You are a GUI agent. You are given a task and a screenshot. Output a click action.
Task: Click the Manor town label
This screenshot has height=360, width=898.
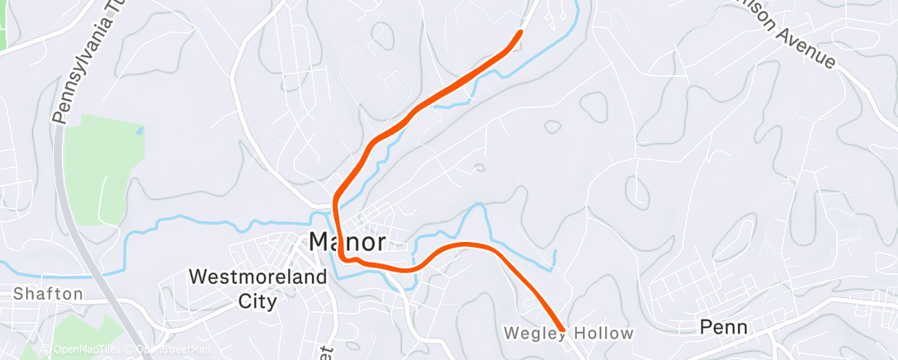click(347, 242)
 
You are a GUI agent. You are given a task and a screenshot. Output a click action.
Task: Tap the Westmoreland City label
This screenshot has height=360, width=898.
click(258, 288)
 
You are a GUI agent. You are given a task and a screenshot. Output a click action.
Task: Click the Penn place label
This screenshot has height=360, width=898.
click(724, 327)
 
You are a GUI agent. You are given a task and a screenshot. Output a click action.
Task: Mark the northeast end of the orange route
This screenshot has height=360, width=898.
click(520, 32)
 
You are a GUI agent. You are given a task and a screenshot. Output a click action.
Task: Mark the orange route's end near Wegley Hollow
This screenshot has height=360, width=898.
click(562, 329)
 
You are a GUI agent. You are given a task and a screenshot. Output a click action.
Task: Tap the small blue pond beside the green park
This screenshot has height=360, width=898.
click(139, 130)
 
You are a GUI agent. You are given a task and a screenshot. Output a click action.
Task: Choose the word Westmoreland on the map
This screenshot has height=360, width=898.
click(258, 277)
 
